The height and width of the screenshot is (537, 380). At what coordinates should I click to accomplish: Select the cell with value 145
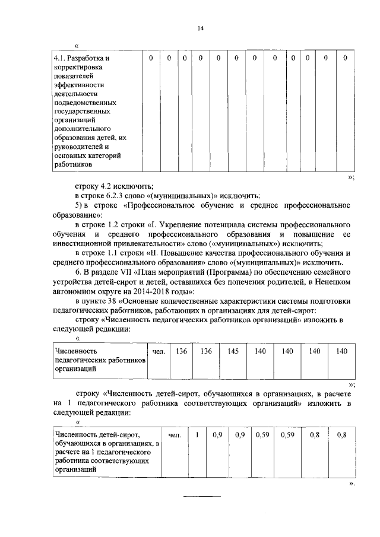233,351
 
